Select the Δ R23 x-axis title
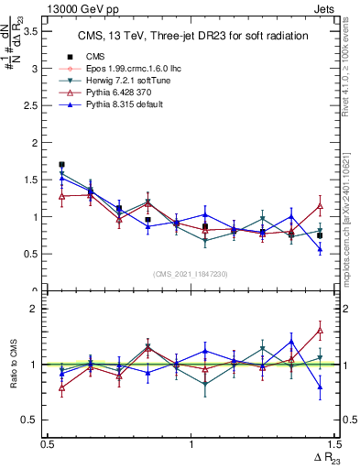tap(322, 458)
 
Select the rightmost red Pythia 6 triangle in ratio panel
tap(320, 330)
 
